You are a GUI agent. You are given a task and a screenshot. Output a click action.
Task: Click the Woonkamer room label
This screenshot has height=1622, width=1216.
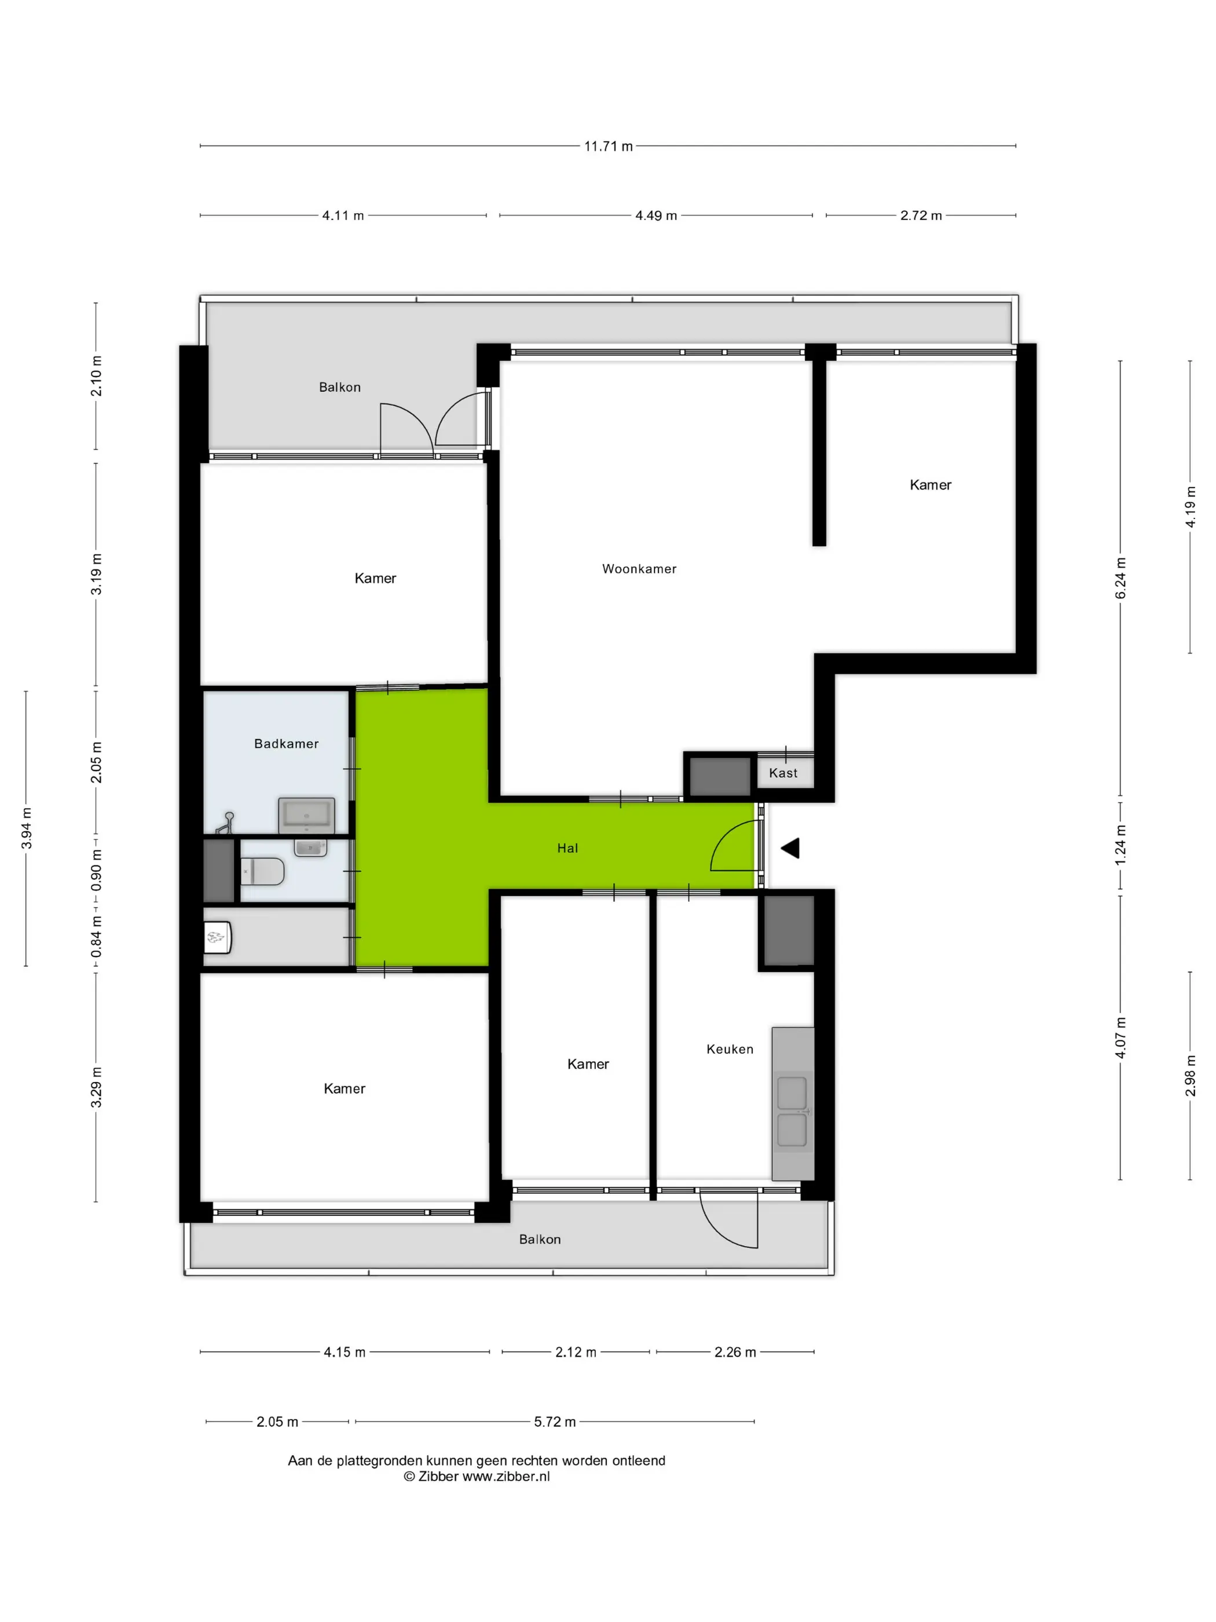pos(639,568)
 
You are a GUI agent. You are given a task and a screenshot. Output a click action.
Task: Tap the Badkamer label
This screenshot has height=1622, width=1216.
pos(286,744)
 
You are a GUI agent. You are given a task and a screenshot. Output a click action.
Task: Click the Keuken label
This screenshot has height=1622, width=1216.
pos(729,1049)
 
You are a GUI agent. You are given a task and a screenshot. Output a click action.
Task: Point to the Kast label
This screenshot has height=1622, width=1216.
pos(783,772)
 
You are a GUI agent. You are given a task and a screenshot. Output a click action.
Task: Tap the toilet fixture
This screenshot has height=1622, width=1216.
pos(262,871)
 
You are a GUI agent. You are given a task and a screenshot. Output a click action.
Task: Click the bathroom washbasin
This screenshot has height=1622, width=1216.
pos(306,814)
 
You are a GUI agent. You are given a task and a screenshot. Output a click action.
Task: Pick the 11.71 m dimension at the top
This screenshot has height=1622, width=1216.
pos(607,146)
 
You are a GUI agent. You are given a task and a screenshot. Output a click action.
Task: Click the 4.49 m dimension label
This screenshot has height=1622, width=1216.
pos(655,215)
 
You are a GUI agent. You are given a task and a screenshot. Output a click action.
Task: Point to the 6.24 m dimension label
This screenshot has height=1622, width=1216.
pos(1120,578)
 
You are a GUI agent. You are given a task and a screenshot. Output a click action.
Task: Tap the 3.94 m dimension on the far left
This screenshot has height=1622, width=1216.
pos(27,828)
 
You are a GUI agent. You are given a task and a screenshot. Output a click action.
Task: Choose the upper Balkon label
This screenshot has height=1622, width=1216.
pos(339,386)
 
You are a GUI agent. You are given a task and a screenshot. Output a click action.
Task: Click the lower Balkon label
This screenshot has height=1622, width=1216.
pos(540,1239)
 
